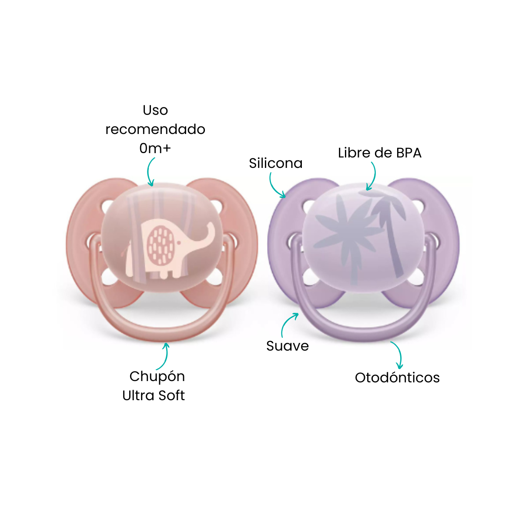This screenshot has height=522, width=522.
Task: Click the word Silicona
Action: click(275, 163)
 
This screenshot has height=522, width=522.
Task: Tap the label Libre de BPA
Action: click(379, 153)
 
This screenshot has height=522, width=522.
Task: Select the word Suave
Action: click(288, 346)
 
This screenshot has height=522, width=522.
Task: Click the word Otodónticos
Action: click(397, 378)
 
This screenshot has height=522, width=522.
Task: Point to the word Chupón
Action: click(157, 377)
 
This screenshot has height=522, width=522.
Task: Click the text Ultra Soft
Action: click(153, 395)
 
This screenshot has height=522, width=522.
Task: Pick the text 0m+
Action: click(155, 148)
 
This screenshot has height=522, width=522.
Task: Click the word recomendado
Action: click(155, 129)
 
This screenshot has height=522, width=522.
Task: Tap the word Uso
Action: click(155, 110)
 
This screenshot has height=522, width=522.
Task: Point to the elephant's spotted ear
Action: click(161, 245)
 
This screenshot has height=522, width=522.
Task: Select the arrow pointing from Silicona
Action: click(273, 188)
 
